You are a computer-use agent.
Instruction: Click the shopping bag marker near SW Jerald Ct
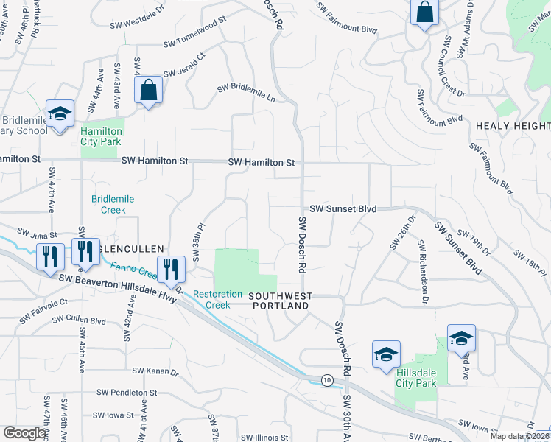coord(149,91)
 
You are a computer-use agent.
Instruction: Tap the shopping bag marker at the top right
coord(425,13)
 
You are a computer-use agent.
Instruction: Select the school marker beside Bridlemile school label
coord(60,114)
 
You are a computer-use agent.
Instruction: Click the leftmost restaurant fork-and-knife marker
coord(49,257)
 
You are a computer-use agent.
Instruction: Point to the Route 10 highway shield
coord(326,379)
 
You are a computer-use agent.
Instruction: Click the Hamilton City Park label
coord(102,136)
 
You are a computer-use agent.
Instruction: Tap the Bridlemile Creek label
coord(109,204)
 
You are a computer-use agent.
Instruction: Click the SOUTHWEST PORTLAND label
coord(281,301)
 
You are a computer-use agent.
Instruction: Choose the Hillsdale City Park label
coord(416,377)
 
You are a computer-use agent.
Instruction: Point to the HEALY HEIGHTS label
coord(513,126)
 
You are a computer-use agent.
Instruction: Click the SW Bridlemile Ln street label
coord(246,93)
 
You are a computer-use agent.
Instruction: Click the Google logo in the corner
coord(24,433)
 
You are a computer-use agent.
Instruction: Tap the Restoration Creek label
coord(217,299)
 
